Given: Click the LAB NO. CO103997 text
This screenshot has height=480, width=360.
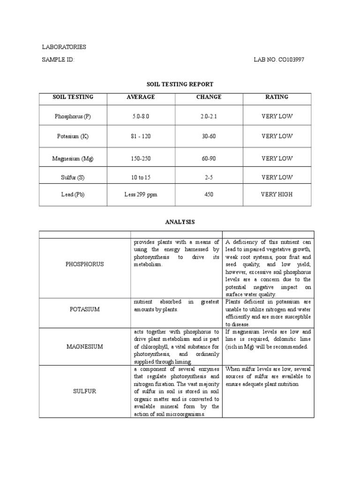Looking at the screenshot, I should (x=275, y=60).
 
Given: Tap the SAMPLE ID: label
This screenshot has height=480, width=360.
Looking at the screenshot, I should (x=58, y=60).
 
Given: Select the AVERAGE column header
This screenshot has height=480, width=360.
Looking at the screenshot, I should (x=141, y=97).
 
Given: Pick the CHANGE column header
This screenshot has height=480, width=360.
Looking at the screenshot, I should (x=209, y=97).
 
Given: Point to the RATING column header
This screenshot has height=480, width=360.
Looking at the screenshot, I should (x=277, y=97).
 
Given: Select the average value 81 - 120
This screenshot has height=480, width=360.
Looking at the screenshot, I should (x=141, y=136).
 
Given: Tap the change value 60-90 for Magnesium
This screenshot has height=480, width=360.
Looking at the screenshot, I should (x=209, y=159).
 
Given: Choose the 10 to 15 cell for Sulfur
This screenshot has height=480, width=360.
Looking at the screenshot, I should (x=141, y=177).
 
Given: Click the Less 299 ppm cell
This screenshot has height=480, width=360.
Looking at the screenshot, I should (x=141, y=194).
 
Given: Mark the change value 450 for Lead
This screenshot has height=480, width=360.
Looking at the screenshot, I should (x=209, y=194).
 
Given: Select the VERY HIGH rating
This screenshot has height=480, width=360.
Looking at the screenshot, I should (x=277, y=194).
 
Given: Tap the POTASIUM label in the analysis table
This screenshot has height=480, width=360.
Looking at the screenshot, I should (x=85, y=309).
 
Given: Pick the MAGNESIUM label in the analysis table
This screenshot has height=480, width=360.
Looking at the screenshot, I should (x=85, y=346).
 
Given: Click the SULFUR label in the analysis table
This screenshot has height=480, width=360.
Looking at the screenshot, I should (x=85, y=391).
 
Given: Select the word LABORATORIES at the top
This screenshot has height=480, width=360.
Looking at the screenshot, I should (x=64, y=47).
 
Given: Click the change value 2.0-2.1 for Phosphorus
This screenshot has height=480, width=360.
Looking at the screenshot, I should (x=209, y=116).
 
